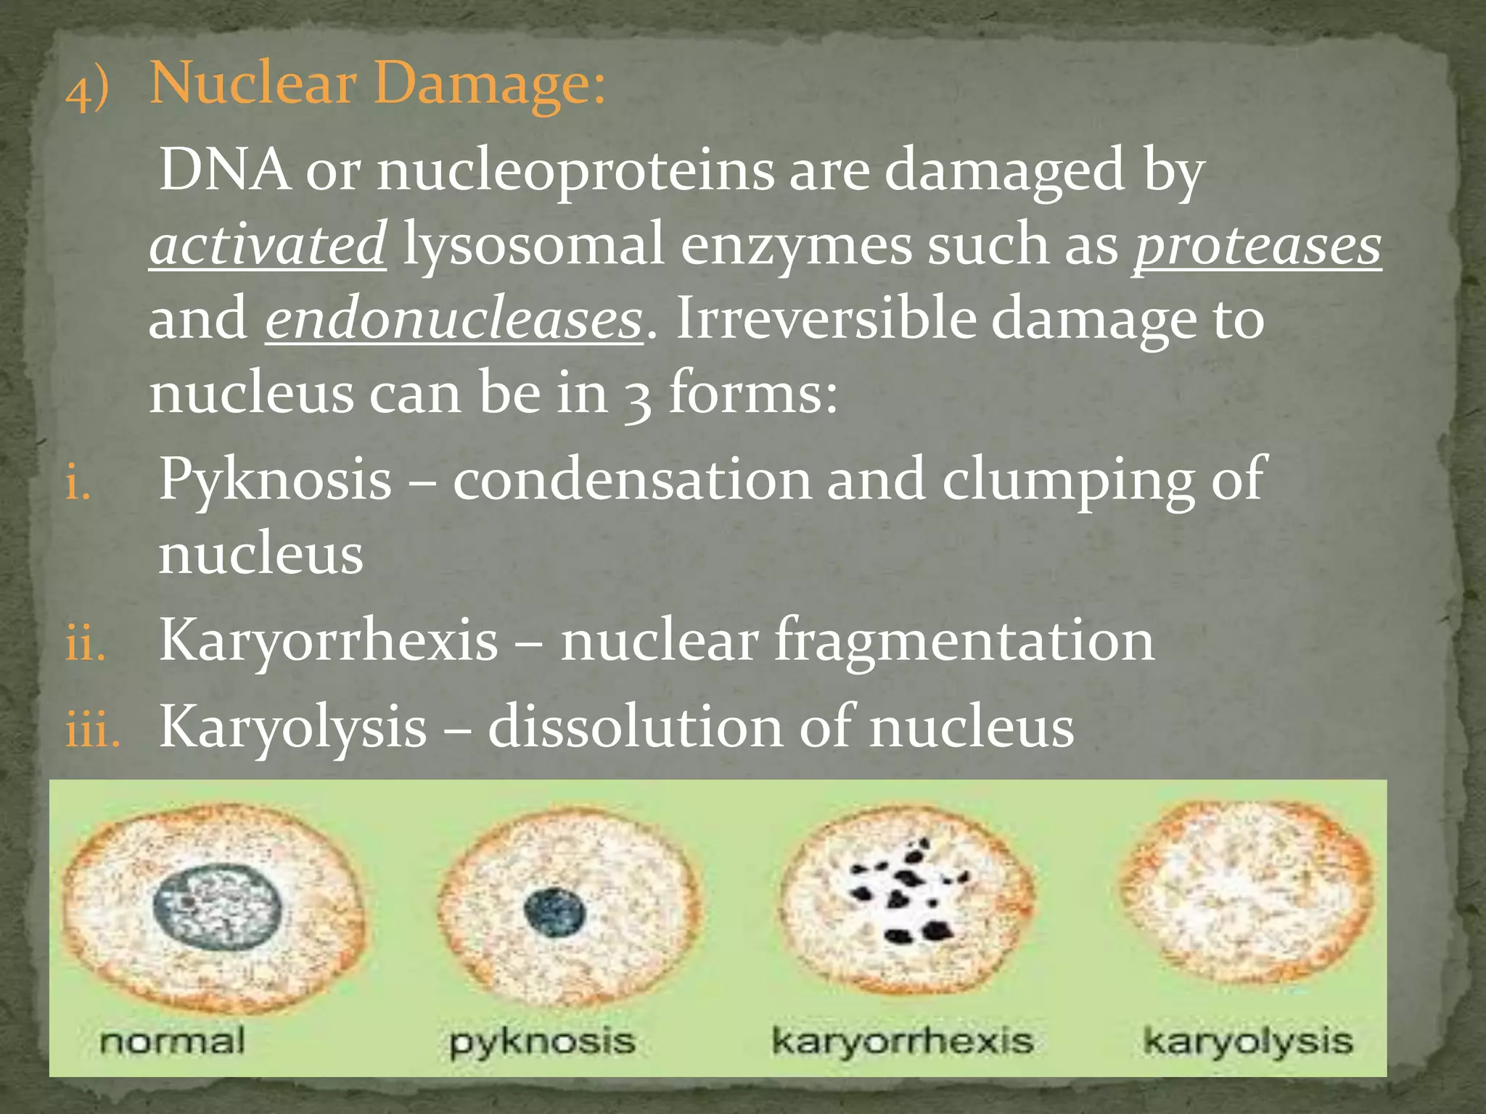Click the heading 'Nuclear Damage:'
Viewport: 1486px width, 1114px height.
pos(377,85)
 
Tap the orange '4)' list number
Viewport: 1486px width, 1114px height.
pos(87,92)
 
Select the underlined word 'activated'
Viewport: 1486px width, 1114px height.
pos(267,245)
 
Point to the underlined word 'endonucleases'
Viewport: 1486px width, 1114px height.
pos(453,320)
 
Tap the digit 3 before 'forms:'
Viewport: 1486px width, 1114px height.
pos(639,396)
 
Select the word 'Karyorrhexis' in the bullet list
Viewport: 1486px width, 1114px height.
pos(329,640)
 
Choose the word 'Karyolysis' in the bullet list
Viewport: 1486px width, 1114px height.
pos(292,727)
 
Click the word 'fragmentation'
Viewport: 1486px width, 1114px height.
pos(964,640)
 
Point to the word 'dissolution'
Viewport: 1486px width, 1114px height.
pos(636,726)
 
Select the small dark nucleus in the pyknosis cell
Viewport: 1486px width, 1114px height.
pos(554,912)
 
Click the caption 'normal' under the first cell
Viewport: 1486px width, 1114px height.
pos(173,1041)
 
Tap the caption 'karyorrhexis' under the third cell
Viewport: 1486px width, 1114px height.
pos(902,1041)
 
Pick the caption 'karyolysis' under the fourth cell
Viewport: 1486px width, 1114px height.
pos(1248,1041)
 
